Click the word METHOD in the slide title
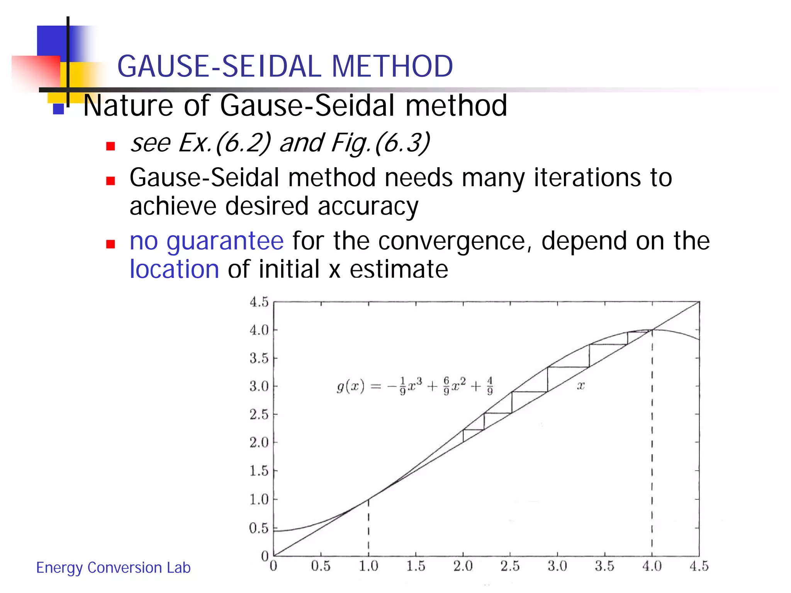[392, 66]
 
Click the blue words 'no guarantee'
[207, 241]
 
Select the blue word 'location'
[174, 269]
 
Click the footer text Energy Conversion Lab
[113, 568]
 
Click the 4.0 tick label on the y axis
[259, 330]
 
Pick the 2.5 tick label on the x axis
[510, 566]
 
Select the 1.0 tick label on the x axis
[368, 566]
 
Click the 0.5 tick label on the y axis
[259, 528]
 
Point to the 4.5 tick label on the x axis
[699, 566]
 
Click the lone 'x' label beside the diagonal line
[581, 386]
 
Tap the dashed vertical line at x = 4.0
[652, 444]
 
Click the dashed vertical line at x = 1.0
[368, 529]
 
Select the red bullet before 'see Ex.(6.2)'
[111, 146]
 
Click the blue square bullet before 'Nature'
[58, 109]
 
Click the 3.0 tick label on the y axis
[259, 386]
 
